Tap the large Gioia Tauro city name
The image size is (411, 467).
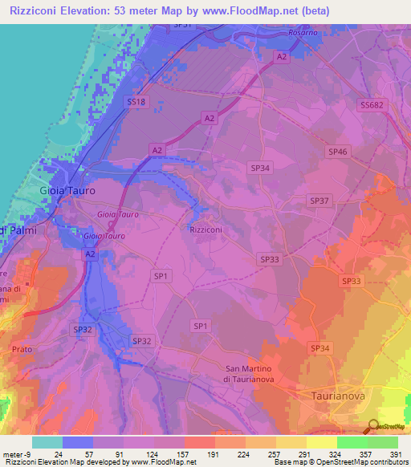point(67,191)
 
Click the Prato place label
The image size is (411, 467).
point(23,349)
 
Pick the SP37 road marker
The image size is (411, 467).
point(319,200)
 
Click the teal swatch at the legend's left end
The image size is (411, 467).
point(47,442)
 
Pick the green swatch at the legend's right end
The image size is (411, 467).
point(383,442)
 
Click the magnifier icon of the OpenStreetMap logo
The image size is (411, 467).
point(372,427)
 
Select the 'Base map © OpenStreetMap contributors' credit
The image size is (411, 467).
point(340,462)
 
